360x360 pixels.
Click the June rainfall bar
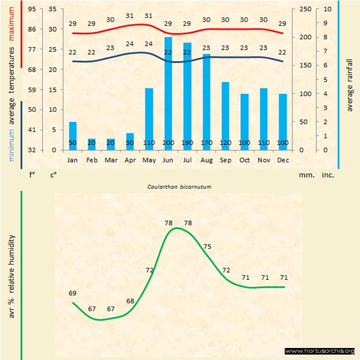click(x=168, y=93)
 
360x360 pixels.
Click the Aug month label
click(x=206, y=160)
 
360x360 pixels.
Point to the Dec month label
click(x=283, y=160)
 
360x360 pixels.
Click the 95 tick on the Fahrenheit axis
click(x=32, y=9)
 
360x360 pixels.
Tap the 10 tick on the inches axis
click(x=326, y=9)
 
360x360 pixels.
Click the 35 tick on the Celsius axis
click(x=52, y=9)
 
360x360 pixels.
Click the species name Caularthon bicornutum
click(x=179, y=187)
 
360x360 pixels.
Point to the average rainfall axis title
click(x=350, y=84)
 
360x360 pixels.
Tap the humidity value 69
click(x=73, y=293)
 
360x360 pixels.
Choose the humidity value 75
click(x=207, y=247)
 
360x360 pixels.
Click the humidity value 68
click(x=130, y=301)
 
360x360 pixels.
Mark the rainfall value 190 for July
click(x=187, y=143)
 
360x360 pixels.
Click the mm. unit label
click(x=305, y=176)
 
